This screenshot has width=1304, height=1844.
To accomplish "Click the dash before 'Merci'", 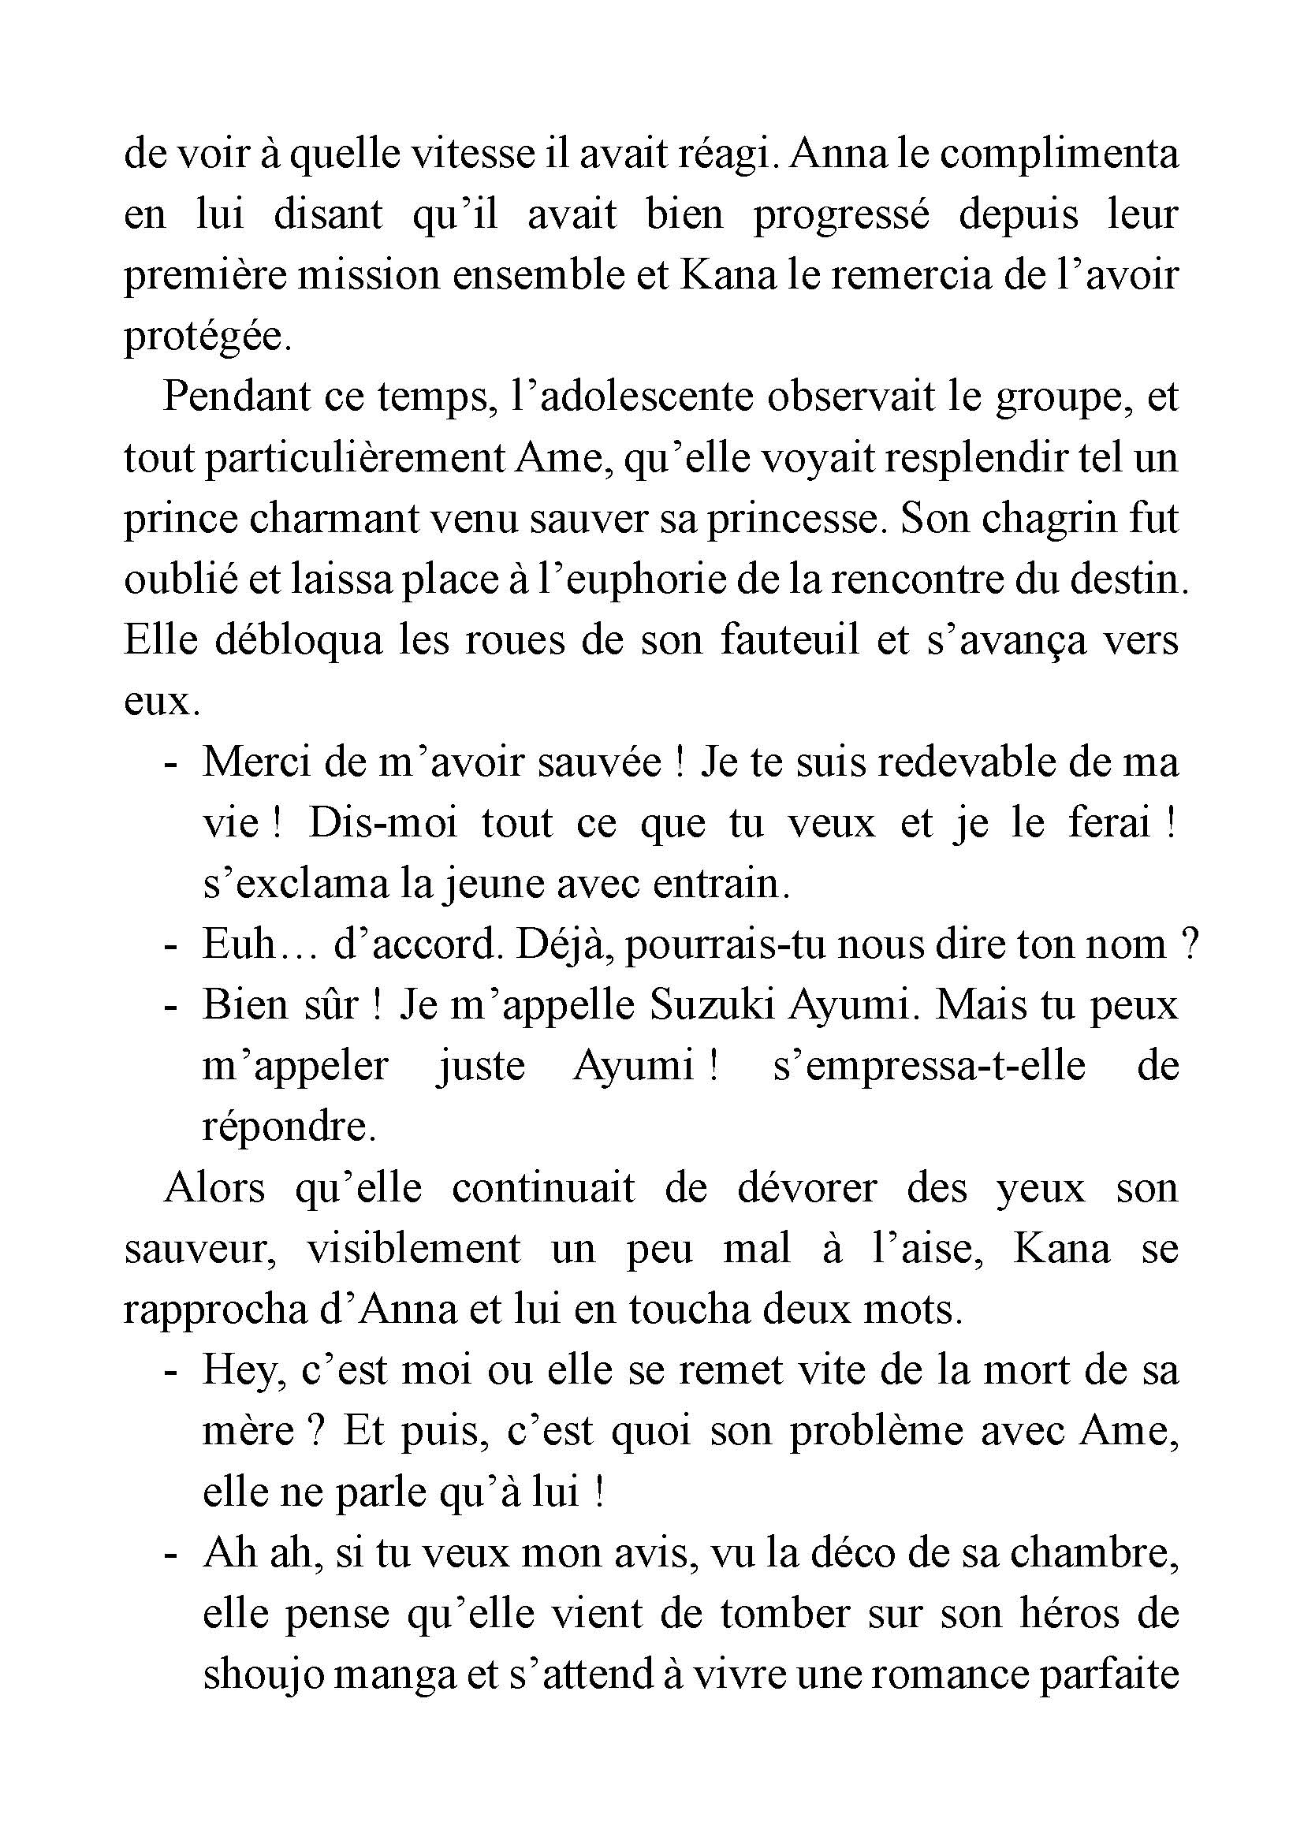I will tap(170, 762).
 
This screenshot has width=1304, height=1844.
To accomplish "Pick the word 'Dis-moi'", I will tap(383, 823).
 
